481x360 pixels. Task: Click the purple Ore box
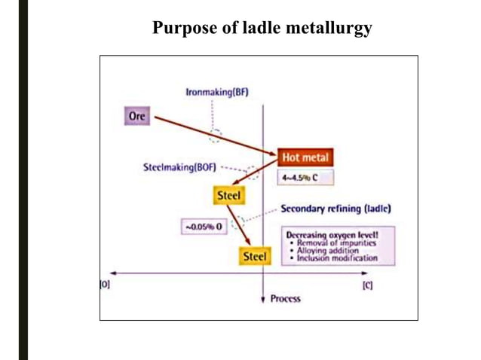pos(137,117)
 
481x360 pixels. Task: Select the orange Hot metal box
pos(305,158)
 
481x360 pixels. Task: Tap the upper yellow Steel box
pos(228,195)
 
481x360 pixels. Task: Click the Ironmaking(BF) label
pos(217,93)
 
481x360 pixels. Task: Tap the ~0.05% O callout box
pos(203,226)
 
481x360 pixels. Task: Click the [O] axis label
pos(105,285)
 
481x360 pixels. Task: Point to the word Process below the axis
pos(286,299)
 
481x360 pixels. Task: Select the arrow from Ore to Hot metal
pos(215,136)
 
